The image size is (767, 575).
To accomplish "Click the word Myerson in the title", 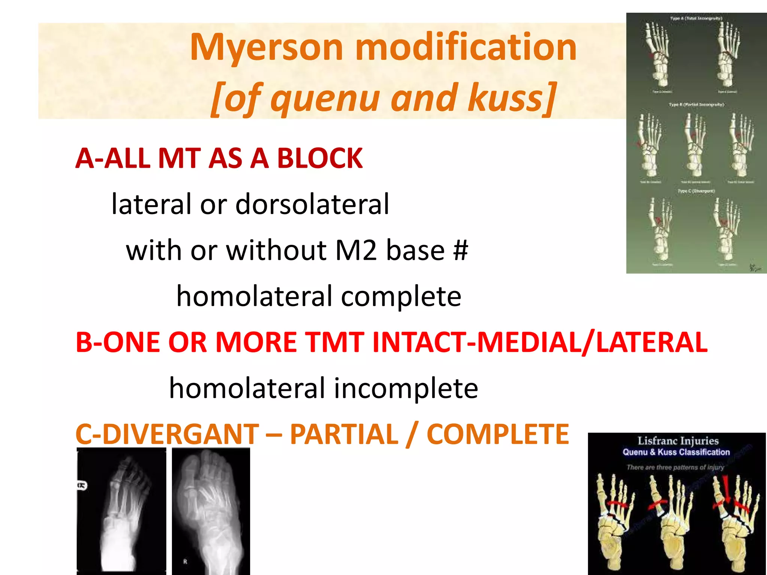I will point(266,48).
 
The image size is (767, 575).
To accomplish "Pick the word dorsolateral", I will point(312,204).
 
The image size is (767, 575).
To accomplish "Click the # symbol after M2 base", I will point(460,250).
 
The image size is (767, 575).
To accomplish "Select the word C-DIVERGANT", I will point(167,434).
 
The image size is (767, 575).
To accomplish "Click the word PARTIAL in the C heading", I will point(344,434).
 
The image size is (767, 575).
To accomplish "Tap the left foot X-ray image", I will point(121,511).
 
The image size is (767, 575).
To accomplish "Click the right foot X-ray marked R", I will point(211,511).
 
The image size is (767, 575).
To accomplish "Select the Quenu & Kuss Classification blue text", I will point(676,452).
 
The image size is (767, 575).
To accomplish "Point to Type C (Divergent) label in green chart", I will point(696,191).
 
